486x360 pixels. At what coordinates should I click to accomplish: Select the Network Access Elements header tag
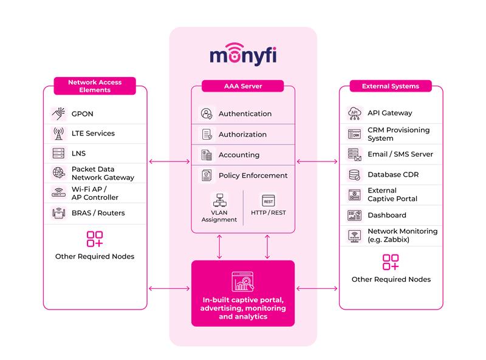(x=94, y=86)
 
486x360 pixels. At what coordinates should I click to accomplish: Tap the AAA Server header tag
(x=243, y=86)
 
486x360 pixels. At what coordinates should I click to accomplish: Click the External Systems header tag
(x=390, y=86)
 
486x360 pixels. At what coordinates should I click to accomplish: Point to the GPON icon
(x=59, y=114)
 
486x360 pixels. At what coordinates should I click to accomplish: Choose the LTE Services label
(x=93, y=133)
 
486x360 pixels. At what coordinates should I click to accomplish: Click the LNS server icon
(x=59, y=154)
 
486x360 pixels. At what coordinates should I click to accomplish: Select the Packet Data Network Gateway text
(x=93, y=173)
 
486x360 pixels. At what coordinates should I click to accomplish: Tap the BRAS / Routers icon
(x=59, y=213)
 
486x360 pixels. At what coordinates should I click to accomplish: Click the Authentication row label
(x=245, y=114)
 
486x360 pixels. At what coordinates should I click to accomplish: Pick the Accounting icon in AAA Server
(x=207, y=155)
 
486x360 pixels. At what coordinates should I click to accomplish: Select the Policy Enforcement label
(x=253, y=175)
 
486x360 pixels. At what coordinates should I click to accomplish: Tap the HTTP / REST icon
(x=268, y=201)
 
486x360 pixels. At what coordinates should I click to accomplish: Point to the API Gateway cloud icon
(x=354, y=113)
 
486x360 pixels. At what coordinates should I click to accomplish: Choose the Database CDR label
(x=392, y=174)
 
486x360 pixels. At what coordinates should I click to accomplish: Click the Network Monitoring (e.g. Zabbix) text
(x=402, y=236)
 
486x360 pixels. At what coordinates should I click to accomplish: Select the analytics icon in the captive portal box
(x=243, y=282)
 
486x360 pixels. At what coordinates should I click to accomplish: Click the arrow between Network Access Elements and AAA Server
(x=169, y=161)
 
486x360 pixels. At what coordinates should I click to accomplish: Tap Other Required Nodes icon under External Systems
(x=391, y=262)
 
